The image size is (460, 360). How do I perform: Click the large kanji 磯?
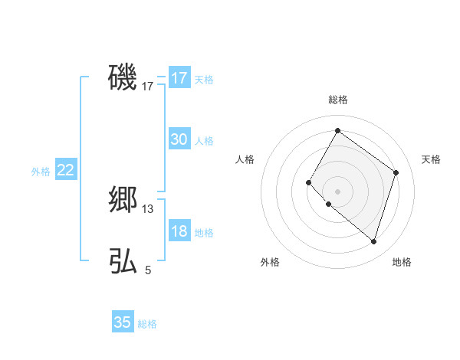point(123,77)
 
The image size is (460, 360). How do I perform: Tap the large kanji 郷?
point(123,199)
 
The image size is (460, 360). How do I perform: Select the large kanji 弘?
point(123,261)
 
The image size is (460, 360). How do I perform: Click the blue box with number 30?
point(179,139)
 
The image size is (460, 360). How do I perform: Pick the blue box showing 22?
point(65,170)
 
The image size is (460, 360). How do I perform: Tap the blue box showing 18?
point(179,231)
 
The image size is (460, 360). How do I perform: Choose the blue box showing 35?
point(123,322)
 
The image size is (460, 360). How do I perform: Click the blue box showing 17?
point(179,78)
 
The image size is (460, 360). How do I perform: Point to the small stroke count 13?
point(148,208)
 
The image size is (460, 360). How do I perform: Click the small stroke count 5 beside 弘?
point(148,270)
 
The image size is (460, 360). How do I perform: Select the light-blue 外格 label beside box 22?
point(41,172)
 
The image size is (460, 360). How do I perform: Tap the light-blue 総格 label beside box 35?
point(147,324)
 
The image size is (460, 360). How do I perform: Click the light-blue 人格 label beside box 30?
point(204,141)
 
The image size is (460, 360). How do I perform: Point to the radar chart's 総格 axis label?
point(337,100)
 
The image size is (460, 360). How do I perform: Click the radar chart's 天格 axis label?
point(431,159)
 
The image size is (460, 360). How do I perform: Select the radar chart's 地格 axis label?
point(402,262)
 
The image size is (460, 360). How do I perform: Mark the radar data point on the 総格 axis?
point(337,131)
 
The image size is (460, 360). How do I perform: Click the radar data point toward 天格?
point(396,172)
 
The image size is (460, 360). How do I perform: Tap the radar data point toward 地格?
point(373,241)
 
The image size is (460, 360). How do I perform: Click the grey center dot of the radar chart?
point(337,191)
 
